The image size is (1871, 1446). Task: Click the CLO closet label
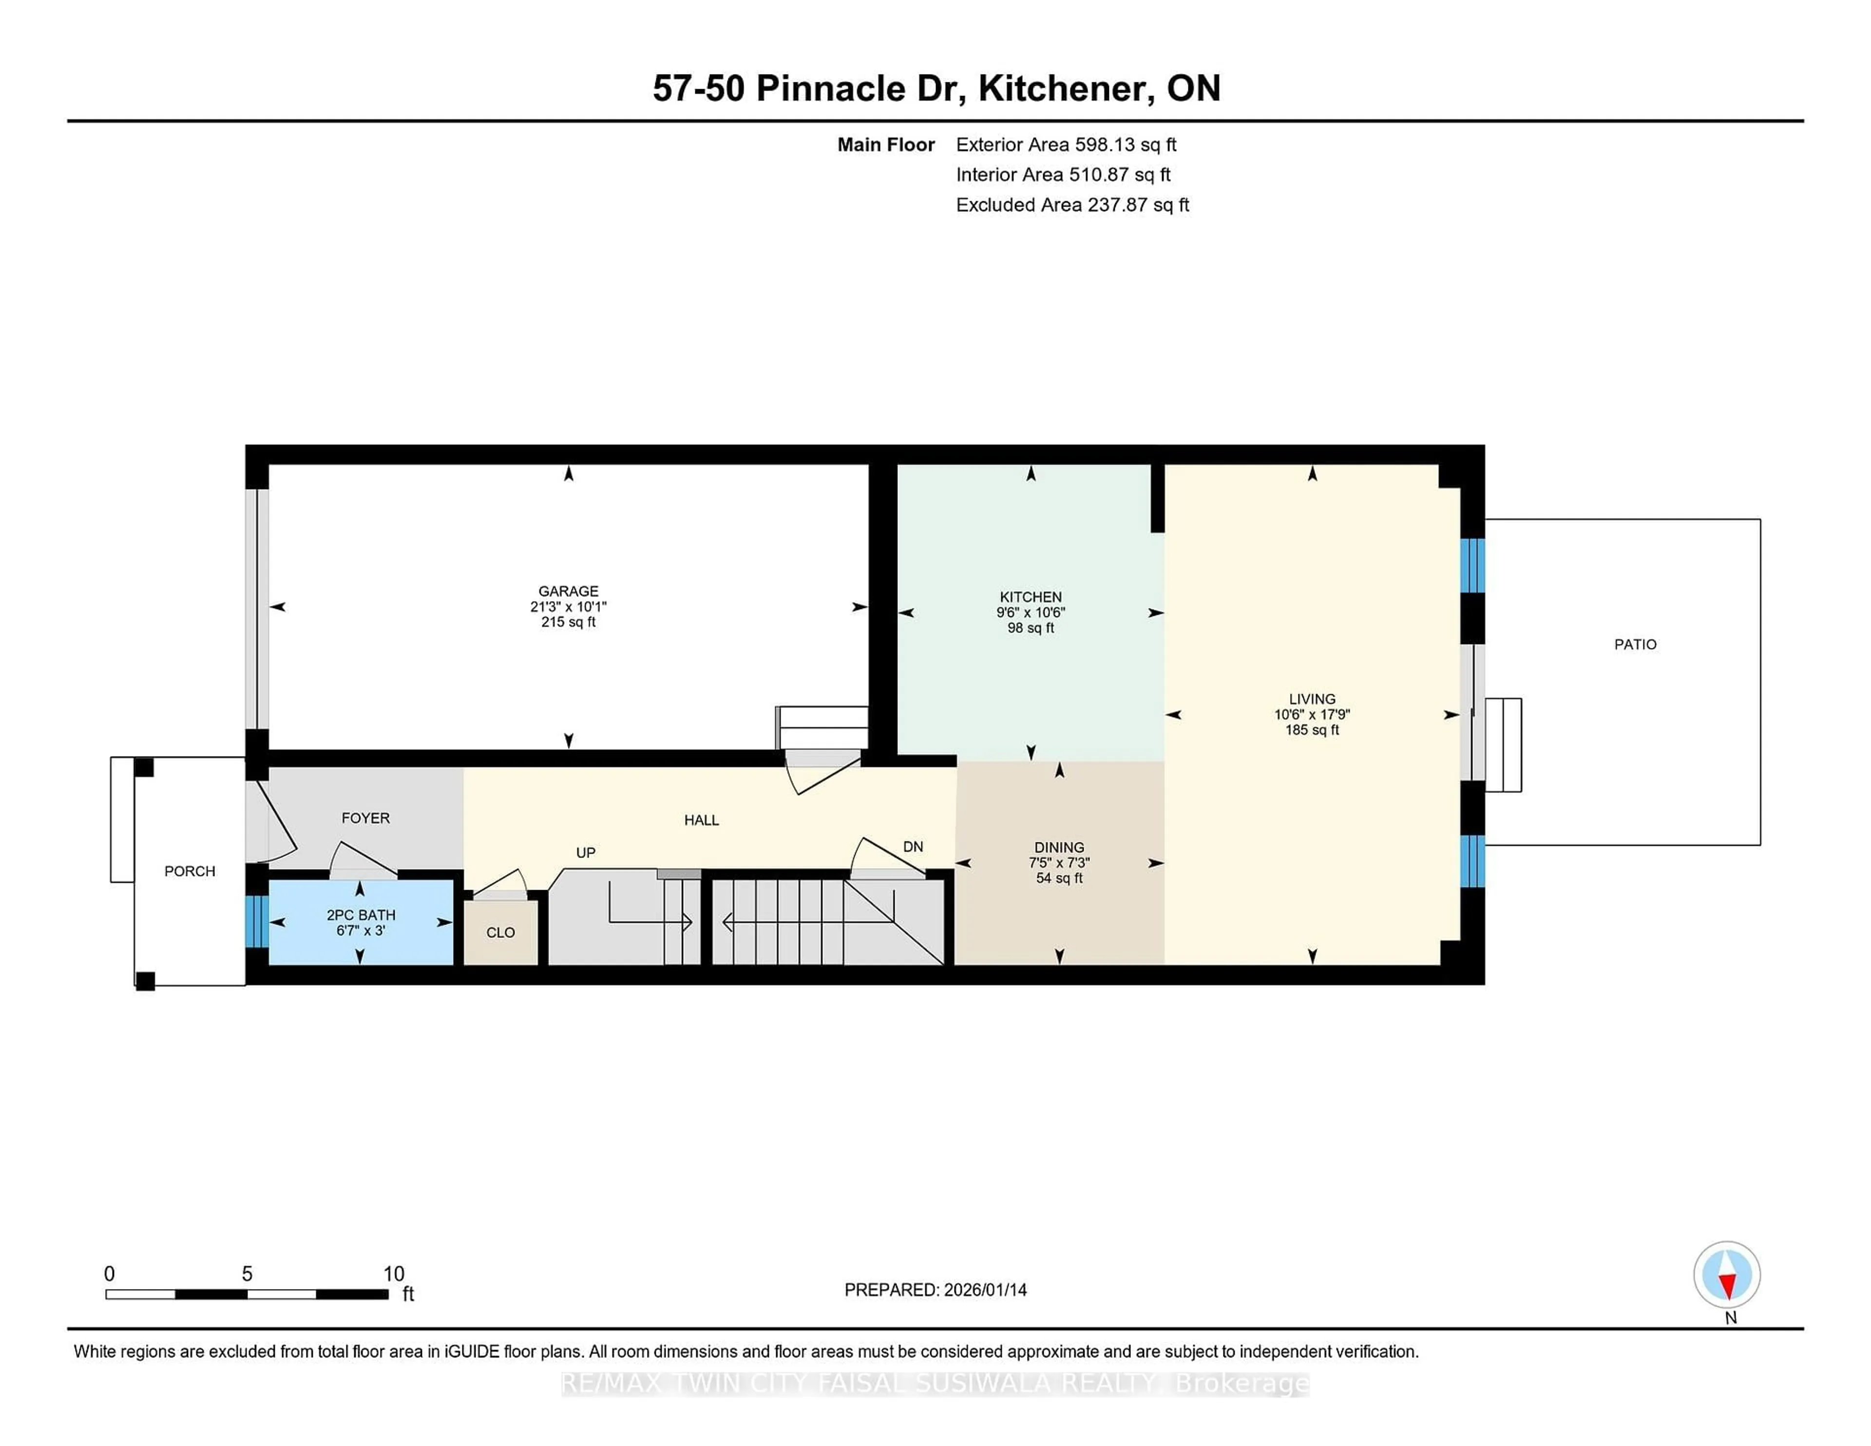coord(500,932)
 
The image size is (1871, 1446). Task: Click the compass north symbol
coord(1726,1275)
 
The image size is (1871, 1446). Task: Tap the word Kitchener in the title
coord(1061,88)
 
